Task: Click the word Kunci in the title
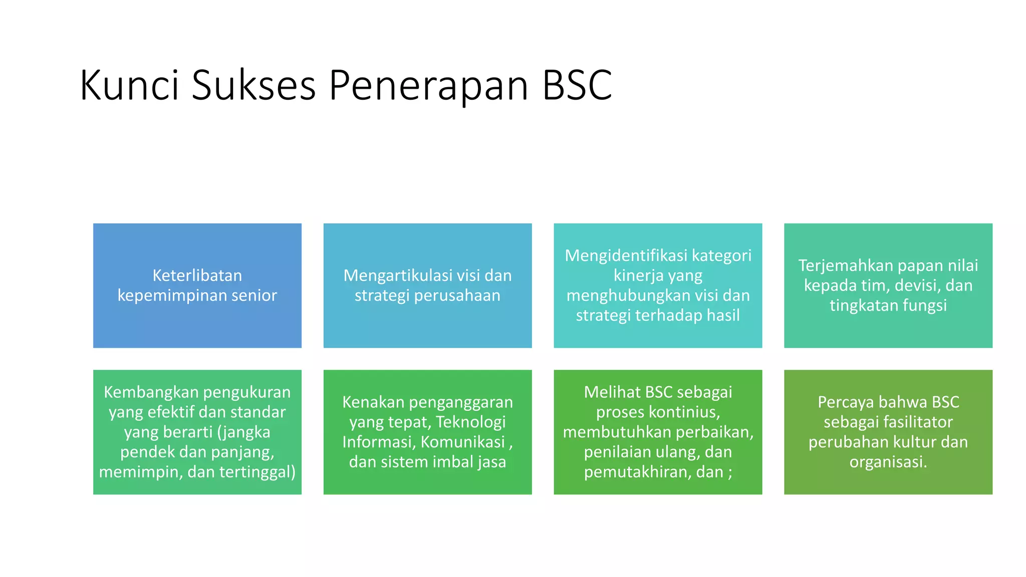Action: click(129, 86)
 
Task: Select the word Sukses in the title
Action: click(253, 86)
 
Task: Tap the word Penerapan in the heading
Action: click(429, 86)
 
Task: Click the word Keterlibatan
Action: click(197, 275)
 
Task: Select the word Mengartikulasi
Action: click(398, 275)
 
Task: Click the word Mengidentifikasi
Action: click(626, 255)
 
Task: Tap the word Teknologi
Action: click(470, 422)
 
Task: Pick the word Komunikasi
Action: click(463, 442)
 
